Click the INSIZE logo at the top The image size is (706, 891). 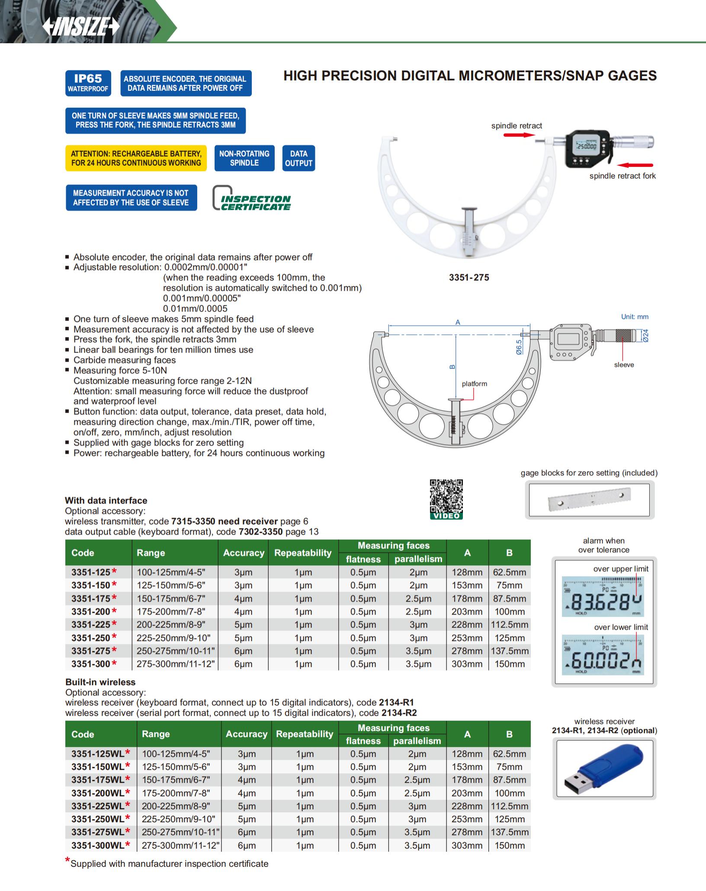point(81,27)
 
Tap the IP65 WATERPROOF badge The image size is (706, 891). point(88,83)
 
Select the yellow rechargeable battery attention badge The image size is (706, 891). point(136,158)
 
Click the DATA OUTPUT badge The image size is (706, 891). point(298,158)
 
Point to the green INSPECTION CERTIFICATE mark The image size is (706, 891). point(252,199)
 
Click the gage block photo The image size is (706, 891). point(589,500)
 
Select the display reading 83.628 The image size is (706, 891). point(602,601)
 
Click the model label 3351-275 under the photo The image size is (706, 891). point(469,278)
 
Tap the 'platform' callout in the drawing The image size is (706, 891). point(474,384)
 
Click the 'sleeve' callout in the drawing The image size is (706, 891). point(624,365)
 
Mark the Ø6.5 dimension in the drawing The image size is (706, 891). point(519,347)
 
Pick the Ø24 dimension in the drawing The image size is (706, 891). point(645,336)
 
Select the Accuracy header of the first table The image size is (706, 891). point(244,553)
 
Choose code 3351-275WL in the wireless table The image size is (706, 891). point(98,832)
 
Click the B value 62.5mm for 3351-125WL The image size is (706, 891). point(509,754)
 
